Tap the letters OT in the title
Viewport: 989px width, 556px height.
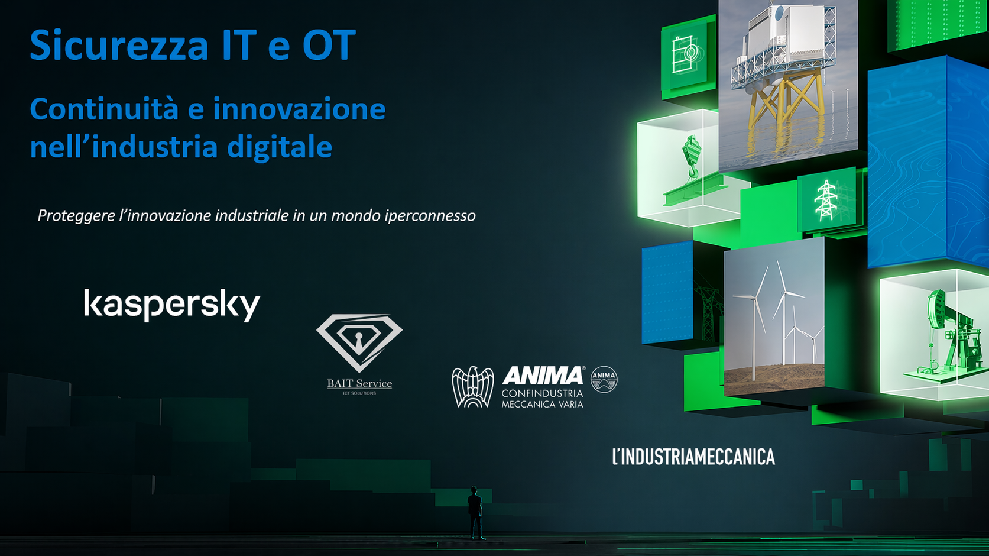(x=329, y=46)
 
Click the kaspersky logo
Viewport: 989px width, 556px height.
(x=172, y=304)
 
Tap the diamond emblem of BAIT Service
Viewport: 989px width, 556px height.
(x=359, y=342)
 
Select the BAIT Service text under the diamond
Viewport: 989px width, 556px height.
(x=359, y=383)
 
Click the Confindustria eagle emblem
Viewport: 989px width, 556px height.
(x=473, y=387)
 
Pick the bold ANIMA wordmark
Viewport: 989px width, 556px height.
(x=542, y=376)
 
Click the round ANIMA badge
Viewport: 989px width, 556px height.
(x=604, y=379)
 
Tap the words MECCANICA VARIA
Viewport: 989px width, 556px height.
(x=542, y=405)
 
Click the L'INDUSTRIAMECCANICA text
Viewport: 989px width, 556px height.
(x=693, y=457)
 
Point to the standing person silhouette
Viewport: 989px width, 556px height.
(x=475, y=512)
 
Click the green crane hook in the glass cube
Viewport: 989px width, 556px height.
(x=690, y=157)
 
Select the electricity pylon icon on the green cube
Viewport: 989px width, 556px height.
(x=825, y=200)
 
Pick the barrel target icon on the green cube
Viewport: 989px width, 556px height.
(x=687, y=55)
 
